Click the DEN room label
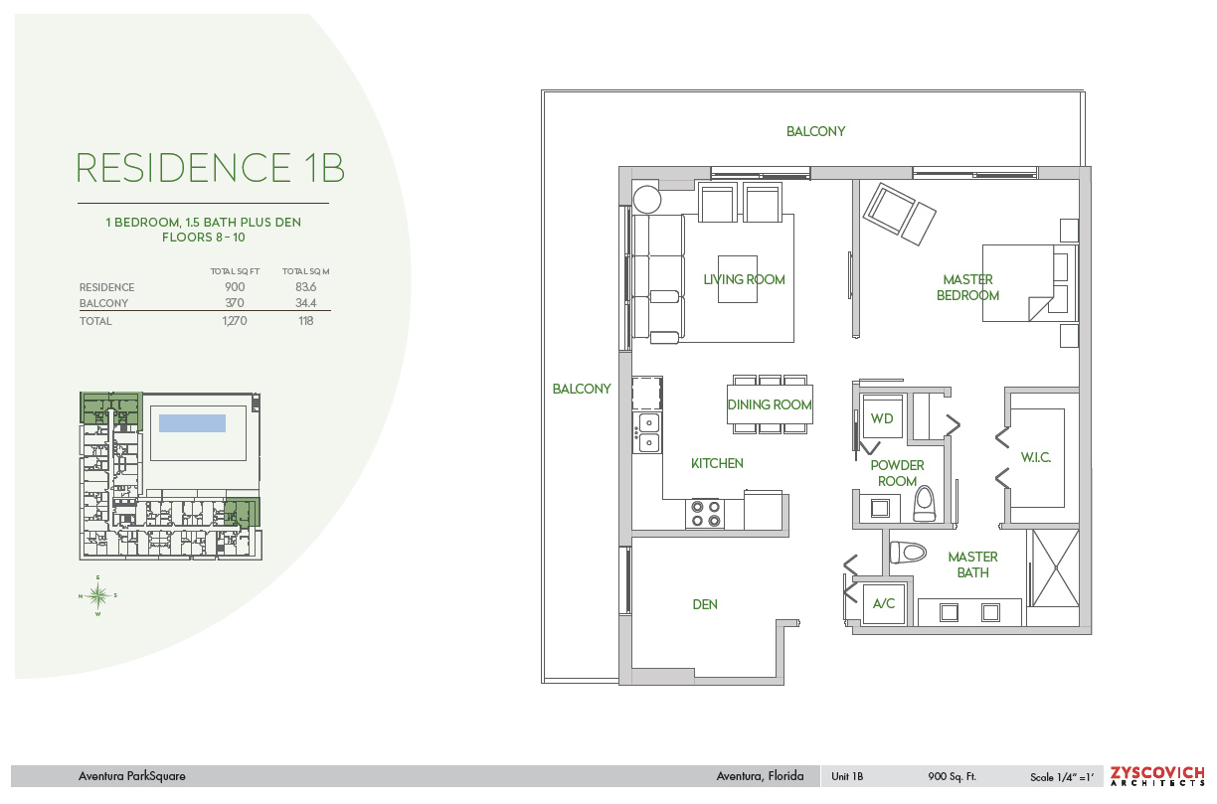pos(705,604)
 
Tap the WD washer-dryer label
pos(881,418)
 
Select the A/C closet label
pos(883,603)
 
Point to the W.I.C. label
pos(1035,457)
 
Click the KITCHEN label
pos(717,463)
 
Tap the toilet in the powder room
pos(924,503)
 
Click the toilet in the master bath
pos(908,553)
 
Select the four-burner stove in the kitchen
pos(705,514)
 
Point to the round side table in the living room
pos(646,200)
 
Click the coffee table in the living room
pos(738,279)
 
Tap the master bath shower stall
pos(1055,568)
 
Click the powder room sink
pos(880,508)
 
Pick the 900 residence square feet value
pos(235,286)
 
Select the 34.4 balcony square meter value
pos(306,302)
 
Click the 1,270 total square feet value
pos(235,321)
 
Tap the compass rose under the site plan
pos(97,596)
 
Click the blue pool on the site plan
pos(192,423)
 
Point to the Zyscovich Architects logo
pos(1157,776)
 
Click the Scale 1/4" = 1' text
pos(1062,777)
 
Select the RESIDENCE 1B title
pos(210,167)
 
